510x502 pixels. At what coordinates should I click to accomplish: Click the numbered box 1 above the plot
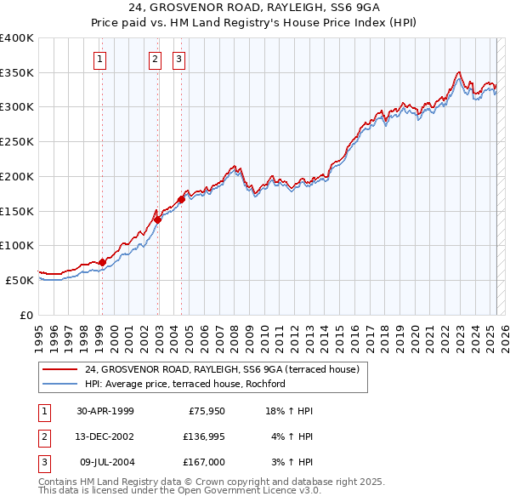(x=100, y=60)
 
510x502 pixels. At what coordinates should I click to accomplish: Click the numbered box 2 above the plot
(x=155, y=60)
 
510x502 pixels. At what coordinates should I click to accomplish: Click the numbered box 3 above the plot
(x=179, y=60)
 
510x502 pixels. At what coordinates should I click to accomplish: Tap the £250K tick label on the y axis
(x=16, y=142)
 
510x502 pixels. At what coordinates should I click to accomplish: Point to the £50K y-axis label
(x=20, y=280)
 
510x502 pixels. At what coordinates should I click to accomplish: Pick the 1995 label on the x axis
(x=38, y=330)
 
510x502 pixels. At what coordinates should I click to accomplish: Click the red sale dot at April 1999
(x=102, y=262)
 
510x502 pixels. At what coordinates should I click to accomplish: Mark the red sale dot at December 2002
(x=157, y=220)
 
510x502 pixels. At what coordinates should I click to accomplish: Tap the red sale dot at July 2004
(x=181, y=199)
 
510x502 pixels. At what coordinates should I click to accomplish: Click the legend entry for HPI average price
(x=184, y=384)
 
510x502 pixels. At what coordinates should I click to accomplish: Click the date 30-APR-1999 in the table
(x=105, y=411)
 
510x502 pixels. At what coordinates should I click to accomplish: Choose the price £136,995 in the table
(x=205, y=436)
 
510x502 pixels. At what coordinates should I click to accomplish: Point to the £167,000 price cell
(x=205, y=462)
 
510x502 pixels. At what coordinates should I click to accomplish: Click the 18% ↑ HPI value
(x=289, y=411)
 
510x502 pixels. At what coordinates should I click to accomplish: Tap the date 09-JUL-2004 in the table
(x=105, y=462)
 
